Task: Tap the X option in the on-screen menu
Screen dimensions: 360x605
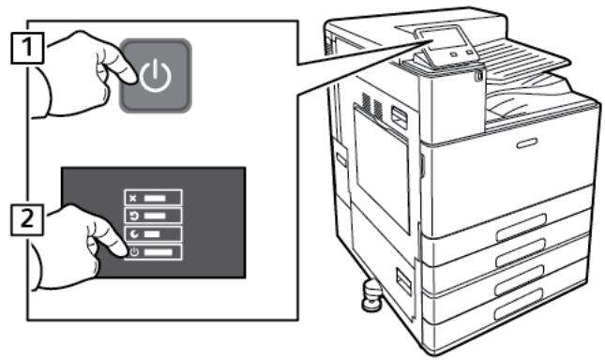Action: point(156,198)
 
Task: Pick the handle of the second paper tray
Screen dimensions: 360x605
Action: point(531,256)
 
